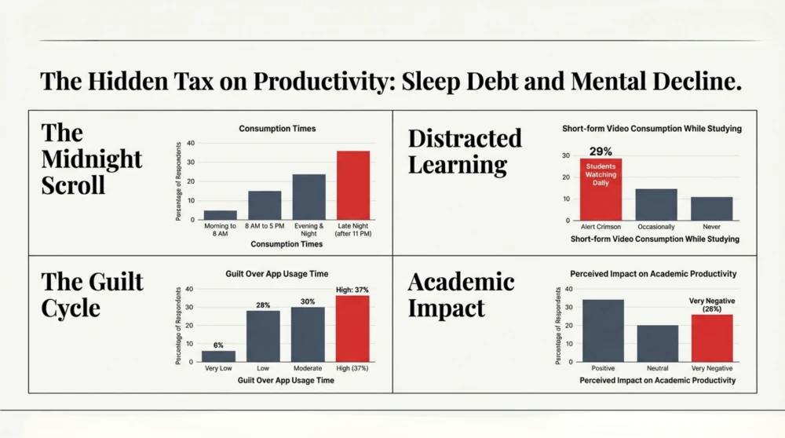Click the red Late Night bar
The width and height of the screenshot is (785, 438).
pyautogui.click(x=352, y=185)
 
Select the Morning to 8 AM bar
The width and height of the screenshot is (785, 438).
pyautogui.click(x=220, y=215)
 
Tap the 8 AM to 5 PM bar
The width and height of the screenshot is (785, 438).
pyautogui.click(x=265, y=205)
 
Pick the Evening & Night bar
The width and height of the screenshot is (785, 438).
pyautogui.click(x=309, y=197)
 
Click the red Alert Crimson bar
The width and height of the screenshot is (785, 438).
pyautogui.click(x=601, y=190)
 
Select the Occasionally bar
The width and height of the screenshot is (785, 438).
pyautogui.click(x=656, y=205)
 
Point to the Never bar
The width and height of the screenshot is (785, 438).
pyautogui.click(x=711, y=209)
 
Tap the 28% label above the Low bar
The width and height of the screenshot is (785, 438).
pyautogui.click(x=263, y=305)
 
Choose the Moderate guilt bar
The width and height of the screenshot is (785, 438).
pyautogui.click(x=308, y=334)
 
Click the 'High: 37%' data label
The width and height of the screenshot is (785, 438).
pyautogui.click(x=352, y=290)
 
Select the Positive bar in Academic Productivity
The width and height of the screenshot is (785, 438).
pyautogui.click(x=603, y=330)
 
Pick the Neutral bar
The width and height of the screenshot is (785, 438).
pyautogui.click(x=658, y=343)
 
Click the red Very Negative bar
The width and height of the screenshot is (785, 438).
pyautogui.click(x=712, y=338)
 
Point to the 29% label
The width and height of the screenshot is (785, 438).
pyautogui.click(x=601, y=150)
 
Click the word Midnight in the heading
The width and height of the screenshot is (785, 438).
pyautogui.click(x=91, y=159)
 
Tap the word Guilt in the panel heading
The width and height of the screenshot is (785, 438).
pyautogui.click(x=114, y=281)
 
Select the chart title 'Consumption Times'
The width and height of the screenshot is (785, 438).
pyautogui.click(x=277, y=129)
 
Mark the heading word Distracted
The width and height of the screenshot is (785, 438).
pyautogui.click(x=465, y=138)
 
